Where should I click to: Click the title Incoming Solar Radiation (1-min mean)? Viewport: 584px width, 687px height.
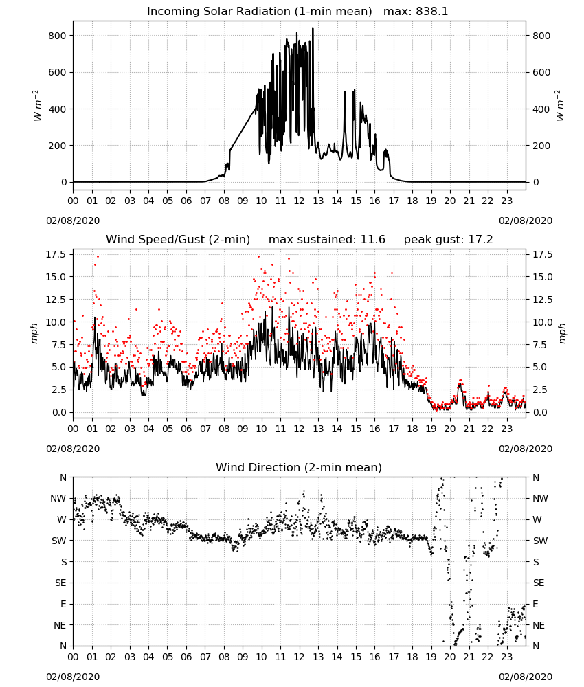click(259, 12)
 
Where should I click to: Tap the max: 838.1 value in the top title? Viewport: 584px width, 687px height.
click(416, 12)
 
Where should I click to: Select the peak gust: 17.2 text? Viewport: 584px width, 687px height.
click(448, 240)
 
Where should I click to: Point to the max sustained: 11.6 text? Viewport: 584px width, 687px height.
click(327, 240)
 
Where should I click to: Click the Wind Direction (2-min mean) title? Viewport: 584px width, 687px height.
click(299, 467)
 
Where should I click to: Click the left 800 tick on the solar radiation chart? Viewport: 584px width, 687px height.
click(57, 36)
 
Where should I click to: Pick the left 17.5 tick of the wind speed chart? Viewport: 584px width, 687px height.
click(56, 255)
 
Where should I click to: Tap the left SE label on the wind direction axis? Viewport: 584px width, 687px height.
click(60, 583)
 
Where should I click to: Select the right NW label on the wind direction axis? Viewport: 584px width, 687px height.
click(540, 498)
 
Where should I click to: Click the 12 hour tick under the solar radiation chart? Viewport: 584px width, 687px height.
click(300, 201)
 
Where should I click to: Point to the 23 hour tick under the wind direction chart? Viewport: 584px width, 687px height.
click(507, 657)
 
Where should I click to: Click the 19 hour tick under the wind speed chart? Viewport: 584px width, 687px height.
click(431, 429)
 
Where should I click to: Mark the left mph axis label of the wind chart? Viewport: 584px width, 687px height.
click(34, 333)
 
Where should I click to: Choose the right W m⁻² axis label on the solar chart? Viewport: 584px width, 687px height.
click(561, 106)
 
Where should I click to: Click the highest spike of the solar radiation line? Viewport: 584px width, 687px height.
click(313, 28)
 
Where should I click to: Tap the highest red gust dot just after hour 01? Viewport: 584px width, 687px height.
click(98, 257)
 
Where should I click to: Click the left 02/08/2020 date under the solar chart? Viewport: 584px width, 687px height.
click(73, 221)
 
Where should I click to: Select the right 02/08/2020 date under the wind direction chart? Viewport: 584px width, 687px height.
click(526, 677)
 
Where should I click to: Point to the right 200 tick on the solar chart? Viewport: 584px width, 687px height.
click(541, 146)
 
